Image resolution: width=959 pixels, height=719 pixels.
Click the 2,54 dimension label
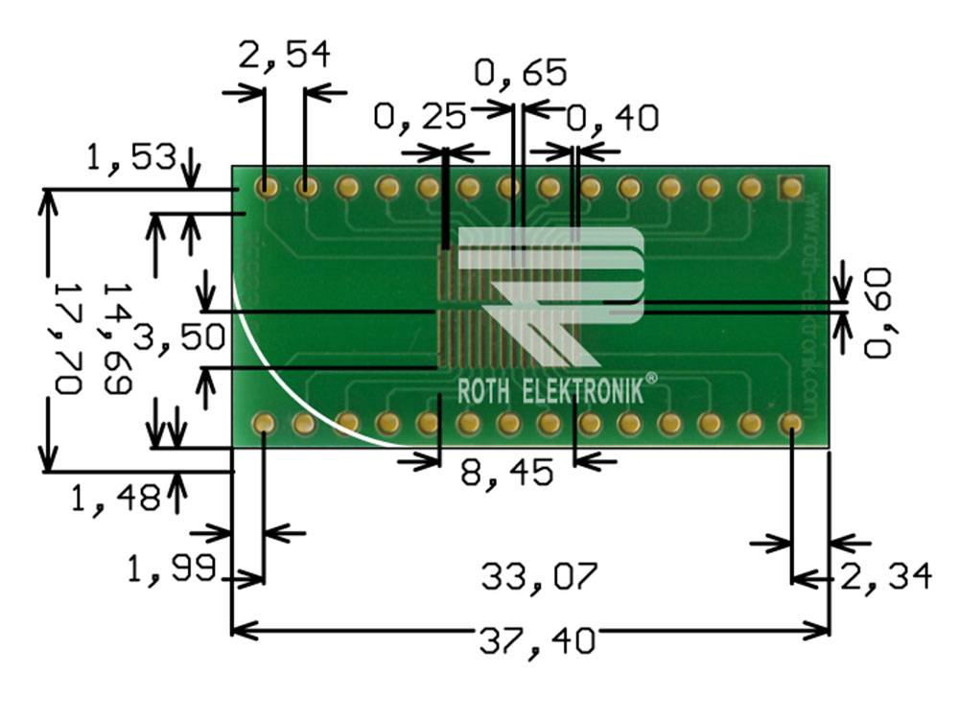point(284,55)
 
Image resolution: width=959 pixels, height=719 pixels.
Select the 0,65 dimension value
point(522,72)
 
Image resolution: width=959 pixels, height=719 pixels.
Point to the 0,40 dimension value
point(612,118)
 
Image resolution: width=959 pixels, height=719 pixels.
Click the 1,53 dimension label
point(131,156)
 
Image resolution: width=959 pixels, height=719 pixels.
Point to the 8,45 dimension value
point(506,473)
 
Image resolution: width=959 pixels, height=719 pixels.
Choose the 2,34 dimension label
point(885,577)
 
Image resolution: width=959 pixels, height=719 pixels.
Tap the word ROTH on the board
point(485,391)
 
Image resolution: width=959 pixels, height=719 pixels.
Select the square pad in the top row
point(790,187)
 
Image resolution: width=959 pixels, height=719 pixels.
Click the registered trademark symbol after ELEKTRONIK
point(651,380)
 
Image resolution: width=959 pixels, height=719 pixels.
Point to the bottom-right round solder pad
point(790,423)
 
